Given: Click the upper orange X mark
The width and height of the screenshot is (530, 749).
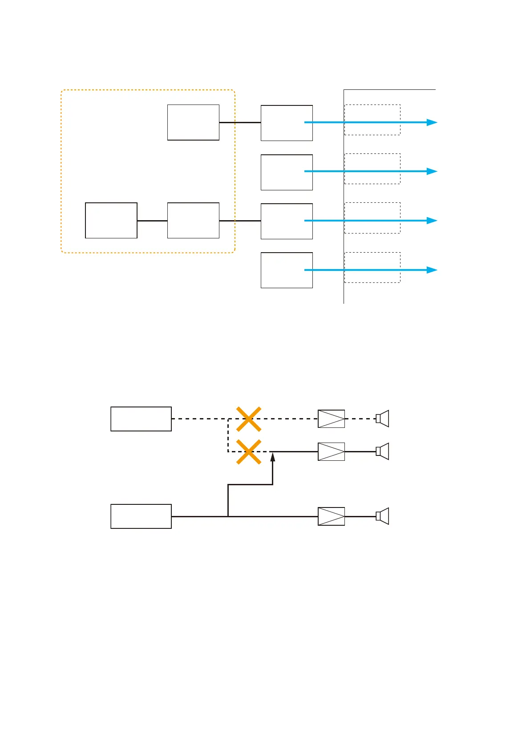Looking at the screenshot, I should [x=248, y=419].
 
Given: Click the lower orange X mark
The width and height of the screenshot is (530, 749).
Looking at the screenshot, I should [x=248, y=452].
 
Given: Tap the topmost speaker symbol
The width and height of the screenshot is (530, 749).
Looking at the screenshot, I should [x=382, y=419].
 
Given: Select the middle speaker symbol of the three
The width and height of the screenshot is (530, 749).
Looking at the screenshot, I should [x=382, y=451].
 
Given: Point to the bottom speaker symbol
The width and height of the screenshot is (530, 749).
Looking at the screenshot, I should [x=382, y=516].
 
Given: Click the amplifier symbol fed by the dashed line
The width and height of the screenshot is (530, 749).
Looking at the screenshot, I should [x=331, y=419].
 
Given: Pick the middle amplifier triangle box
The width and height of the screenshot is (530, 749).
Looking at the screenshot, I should [x=331, y=451].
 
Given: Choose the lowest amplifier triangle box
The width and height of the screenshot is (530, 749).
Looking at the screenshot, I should [x=331, y=516].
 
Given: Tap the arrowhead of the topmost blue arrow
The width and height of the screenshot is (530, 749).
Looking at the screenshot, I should [x=432, y=122].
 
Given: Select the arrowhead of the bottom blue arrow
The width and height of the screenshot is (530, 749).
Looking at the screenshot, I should [x=432, y=270].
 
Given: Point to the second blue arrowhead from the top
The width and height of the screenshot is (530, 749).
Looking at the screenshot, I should [x=432, y=171].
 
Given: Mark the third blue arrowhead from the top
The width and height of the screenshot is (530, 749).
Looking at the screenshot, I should [x=432, y=221].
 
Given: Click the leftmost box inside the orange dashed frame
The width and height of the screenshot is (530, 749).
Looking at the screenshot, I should [x=111, y=221].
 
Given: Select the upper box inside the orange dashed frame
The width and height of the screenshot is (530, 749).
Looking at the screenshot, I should [x=193, y=122].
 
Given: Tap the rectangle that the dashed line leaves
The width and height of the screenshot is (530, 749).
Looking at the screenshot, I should [x=141, y=419].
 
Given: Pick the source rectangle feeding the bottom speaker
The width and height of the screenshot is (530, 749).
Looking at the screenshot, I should [x=141, y=516].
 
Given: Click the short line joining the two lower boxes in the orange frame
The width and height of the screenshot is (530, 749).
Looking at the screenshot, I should [x=152, y=221].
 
